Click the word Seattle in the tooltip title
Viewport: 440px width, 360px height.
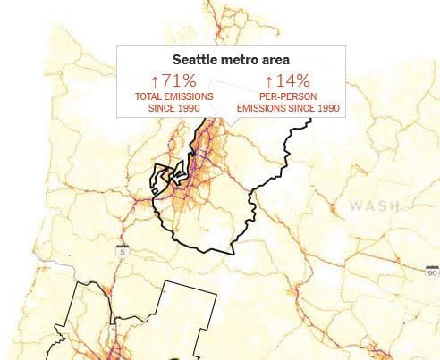(x=198, y=61)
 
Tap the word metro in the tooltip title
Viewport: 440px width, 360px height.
(x=237, y=61)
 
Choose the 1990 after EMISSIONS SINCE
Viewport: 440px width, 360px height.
(x=326, y=108)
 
